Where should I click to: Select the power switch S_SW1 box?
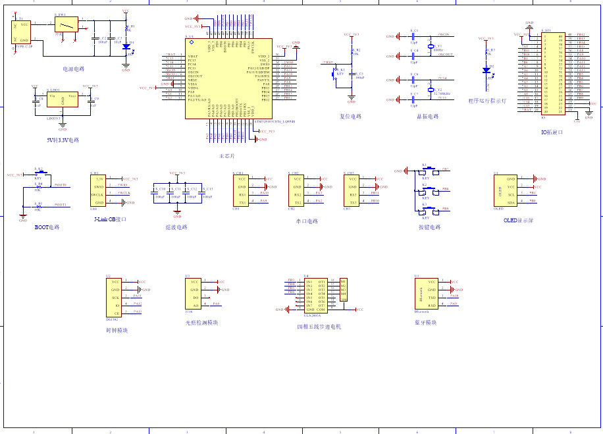[65, 25]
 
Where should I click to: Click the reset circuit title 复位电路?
[351, 117]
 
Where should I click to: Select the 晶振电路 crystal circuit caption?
[427, 117]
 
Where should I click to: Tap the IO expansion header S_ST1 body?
[552, 74]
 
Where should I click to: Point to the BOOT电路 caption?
[47, 227]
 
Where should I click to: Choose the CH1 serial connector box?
[242, 191]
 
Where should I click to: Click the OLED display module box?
[506, 191]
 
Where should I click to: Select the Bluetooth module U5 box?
[427, 293]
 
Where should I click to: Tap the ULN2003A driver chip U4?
[316, 295]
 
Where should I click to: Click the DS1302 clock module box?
[115, 297]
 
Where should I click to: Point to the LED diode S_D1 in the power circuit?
[126, 47]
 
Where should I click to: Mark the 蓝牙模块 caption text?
[426, 323]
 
